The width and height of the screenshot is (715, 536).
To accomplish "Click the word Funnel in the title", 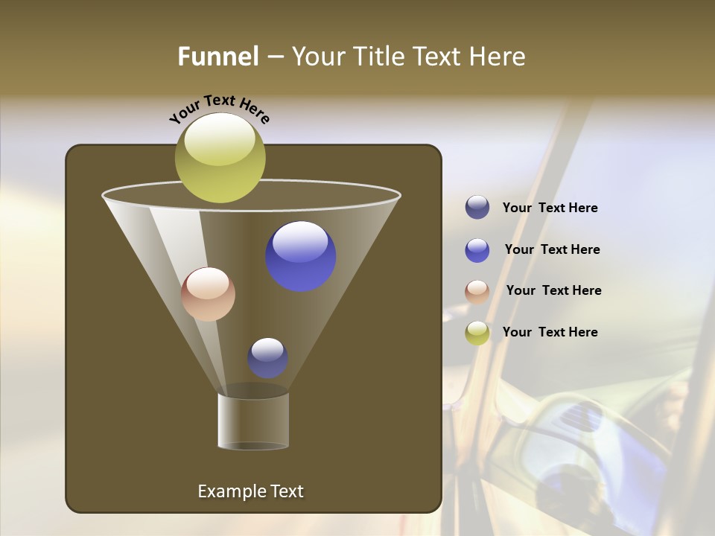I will point(217,57).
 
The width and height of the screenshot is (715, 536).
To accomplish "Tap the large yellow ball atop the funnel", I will point(220,157).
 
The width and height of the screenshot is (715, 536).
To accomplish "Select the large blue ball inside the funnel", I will point(301,257).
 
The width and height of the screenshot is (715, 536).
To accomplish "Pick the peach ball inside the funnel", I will point(208,295).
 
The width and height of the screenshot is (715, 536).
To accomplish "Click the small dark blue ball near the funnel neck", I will point(267,358).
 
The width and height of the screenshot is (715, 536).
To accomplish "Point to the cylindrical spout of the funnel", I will point(253,421).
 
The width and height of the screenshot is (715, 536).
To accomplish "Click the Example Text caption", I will point(250,491).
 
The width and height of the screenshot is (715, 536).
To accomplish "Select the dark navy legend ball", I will point(477,208).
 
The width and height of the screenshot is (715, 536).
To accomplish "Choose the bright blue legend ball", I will point(477,250).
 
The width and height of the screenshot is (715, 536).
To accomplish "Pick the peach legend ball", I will point(477,292).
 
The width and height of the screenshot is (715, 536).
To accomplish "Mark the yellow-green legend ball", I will point(477,333).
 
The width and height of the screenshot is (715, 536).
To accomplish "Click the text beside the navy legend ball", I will point(550,208).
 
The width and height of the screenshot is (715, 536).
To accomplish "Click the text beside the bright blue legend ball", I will point(552,250).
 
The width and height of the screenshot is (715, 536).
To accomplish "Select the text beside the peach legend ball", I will point(553,291).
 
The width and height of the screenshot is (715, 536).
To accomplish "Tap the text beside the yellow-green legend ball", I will point(550,332).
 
